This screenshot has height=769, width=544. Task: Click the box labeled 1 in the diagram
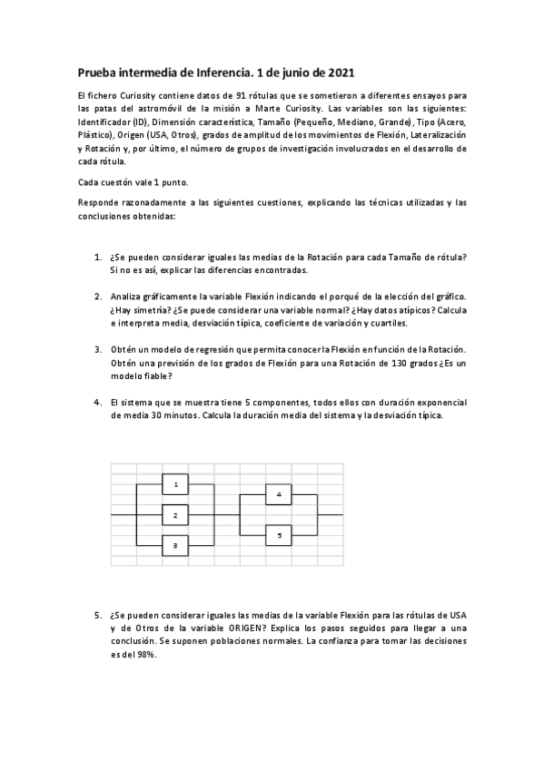coord(175,485)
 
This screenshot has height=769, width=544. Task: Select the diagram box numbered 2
coord(175,515)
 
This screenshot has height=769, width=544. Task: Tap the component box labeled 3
coord(175,545)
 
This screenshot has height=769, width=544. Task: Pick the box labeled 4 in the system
coord(278,494)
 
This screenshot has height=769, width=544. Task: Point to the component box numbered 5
coord(278,535)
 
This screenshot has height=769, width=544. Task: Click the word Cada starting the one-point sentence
coord(89,181)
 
